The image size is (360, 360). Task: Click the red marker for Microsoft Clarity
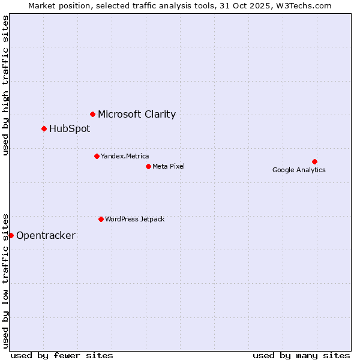pos(92,114)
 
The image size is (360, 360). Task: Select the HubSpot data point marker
pos(44,128)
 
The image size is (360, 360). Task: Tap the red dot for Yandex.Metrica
pos(97,156)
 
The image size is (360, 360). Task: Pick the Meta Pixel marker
pos(148,166)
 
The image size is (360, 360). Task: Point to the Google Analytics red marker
pos(314,161)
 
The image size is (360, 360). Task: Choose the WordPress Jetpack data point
pos(101,219)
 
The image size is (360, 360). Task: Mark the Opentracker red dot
pos(11,235)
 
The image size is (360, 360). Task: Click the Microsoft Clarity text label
pos(137,114)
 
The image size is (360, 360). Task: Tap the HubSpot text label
pos(70,128)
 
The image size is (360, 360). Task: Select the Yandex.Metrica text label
pos(125,156)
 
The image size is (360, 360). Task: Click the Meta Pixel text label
pos(169,166)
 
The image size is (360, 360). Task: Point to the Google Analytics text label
pos(299,170)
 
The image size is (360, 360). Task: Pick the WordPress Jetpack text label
pos(134,219)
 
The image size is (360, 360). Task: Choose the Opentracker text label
pos(46,235)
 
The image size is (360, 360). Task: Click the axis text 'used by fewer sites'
pos(62,355)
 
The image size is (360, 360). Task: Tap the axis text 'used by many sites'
pos(301,355)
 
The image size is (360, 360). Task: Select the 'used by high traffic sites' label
pos(5,85)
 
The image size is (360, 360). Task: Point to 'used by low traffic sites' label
pos(5,280)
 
